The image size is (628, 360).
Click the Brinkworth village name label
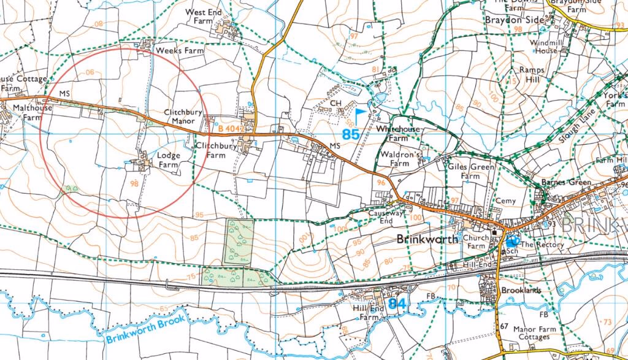428,239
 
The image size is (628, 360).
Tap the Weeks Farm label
179,50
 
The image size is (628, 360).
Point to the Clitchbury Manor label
179,117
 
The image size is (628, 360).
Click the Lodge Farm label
168,160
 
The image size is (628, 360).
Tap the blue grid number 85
351,134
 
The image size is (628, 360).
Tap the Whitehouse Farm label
399,133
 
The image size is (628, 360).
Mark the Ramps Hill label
531,75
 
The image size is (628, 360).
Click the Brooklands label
521,290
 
